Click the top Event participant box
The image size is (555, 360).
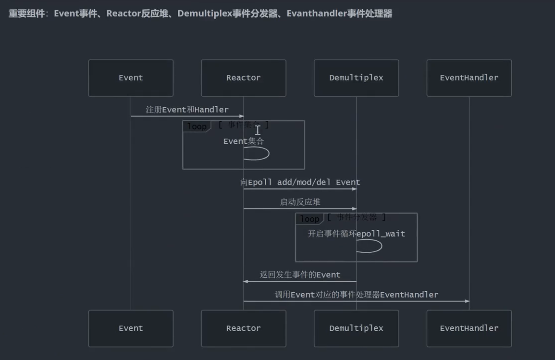[131, 78]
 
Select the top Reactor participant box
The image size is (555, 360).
[244, 78]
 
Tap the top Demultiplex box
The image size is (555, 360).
[356, 78]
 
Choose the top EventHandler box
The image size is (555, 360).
[469, 78]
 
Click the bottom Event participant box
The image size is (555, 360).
[131, 328]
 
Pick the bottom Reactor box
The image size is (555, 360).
[244, 328]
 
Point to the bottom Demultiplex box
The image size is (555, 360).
[356, 328]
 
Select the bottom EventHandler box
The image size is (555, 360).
[469, 328]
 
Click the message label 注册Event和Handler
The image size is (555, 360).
[187, 110]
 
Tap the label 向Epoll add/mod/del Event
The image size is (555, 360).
[300, 183]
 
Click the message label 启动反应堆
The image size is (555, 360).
[300, 202]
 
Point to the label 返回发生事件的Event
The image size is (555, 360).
[300, 275]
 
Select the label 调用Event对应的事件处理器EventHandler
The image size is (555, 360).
[356, 295]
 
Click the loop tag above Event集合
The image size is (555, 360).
[197, 126]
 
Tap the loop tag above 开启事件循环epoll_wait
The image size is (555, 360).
[309, 219]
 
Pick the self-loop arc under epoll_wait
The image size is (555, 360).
[372, 246]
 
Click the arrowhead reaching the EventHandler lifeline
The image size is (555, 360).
[467, 301]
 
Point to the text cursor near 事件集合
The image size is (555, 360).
[258, 130]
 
